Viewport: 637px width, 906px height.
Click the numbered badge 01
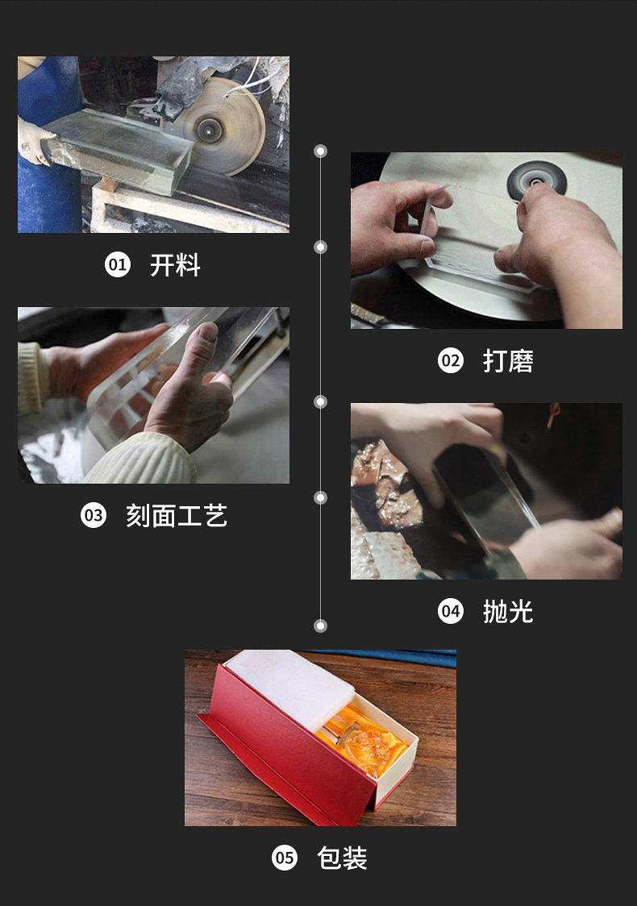pyautogui.click(x=118, y=264)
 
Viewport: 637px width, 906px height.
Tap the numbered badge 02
pyautogui.click(x=450, y=360)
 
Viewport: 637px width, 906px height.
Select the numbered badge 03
pyautogui.click(x=94, y=515)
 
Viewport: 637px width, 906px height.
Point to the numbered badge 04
pyautogui.click(x=450, y=611)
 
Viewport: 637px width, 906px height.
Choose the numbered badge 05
pyautogui.click(x=285, y=858)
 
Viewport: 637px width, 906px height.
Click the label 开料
pyautogui.click(x=175, y=265)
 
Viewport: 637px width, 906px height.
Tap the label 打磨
pyautogui.click(x=508, y=361)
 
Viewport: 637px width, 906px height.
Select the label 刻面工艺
pyautogui.click(x=177, y=516)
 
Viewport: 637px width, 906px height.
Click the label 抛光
pyautogui.click(x=508, y=612)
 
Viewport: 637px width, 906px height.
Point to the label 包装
pyautogui.click(x=342, y=858)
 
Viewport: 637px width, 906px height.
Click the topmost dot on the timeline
pyautogui.click(x=320, y=152)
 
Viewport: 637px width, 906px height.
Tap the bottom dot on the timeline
pyautogui.click(x=320, y=625)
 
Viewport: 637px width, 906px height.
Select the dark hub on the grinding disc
pyautogui.click(x=536, y=181)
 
